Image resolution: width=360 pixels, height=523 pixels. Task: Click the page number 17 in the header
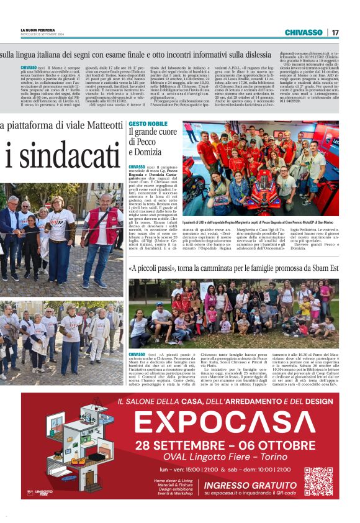point(335,32)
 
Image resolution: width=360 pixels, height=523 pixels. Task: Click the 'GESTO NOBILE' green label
point(144,124)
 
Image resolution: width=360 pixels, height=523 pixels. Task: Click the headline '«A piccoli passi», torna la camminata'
point(233,269)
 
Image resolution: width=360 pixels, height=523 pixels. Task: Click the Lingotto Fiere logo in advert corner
point(43,492)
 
